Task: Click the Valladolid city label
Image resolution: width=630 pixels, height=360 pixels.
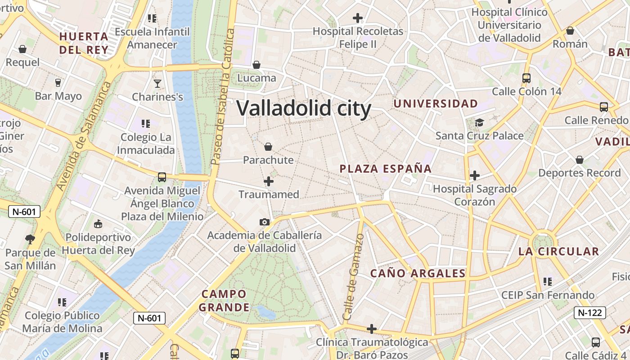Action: [304, 109]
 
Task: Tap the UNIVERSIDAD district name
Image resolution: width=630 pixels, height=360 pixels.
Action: [436, 103]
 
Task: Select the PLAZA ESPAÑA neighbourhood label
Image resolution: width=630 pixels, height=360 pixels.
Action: [386, 169]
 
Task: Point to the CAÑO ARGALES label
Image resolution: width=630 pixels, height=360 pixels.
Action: [418, 273]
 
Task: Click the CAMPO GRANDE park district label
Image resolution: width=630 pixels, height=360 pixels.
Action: [224, 301]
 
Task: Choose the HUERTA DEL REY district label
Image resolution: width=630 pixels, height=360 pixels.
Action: [84, 43]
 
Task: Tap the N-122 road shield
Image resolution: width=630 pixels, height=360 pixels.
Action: [590, 312]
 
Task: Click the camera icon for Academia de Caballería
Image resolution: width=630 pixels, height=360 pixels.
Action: [265, 222]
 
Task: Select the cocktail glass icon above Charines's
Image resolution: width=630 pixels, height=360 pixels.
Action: [157, 84]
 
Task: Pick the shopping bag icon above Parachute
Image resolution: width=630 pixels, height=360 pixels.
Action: [268, 147]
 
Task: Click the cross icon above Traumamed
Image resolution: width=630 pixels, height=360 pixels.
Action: [269, 181]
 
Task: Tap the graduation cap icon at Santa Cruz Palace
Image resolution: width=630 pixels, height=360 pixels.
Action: [479, 122]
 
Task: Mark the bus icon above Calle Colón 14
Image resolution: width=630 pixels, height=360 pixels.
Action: [526, 78]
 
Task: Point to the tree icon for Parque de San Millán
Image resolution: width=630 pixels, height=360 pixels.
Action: [30, 239]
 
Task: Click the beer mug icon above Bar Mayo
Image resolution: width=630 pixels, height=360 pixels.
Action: [58, 83]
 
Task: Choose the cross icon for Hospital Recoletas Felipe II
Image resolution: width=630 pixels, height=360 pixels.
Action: [358, 18]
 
